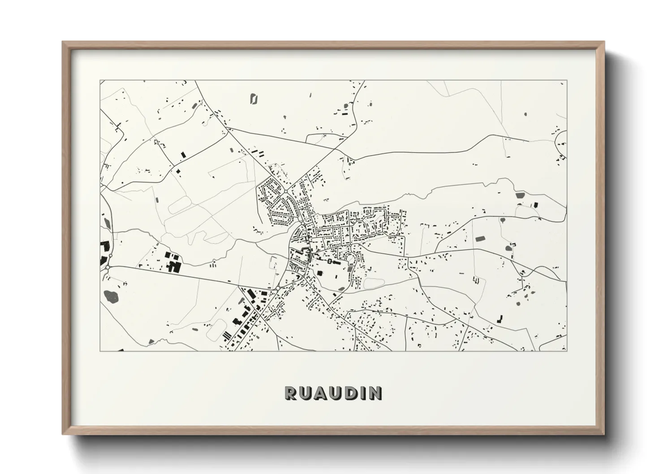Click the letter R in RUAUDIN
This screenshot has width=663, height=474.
point(290,393)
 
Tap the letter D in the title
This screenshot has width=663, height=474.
point(349,393)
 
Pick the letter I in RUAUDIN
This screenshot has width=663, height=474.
point(362,393)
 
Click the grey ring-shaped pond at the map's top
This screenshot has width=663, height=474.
point(254,99)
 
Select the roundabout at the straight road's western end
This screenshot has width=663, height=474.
point(108,267)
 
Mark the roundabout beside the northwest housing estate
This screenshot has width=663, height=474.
point(285,191)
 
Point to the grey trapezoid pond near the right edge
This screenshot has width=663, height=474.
point(520,195)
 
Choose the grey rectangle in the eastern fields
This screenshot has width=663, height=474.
point(480,239)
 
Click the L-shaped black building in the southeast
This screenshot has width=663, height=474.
point(499,319)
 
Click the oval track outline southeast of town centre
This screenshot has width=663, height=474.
point(374,283)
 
